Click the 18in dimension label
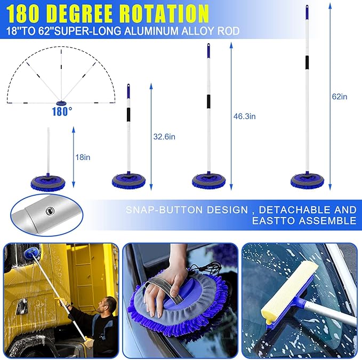point(83,157)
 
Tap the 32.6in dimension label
point(164,137)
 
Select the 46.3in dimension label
point(245,116)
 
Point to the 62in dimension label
point(339,97)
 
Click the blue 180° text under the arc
point(62,112)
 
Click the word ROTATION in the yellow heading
point(162,12)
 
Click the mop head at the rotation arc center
point(62,103)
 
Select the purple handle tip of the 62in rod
point(307,11)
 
